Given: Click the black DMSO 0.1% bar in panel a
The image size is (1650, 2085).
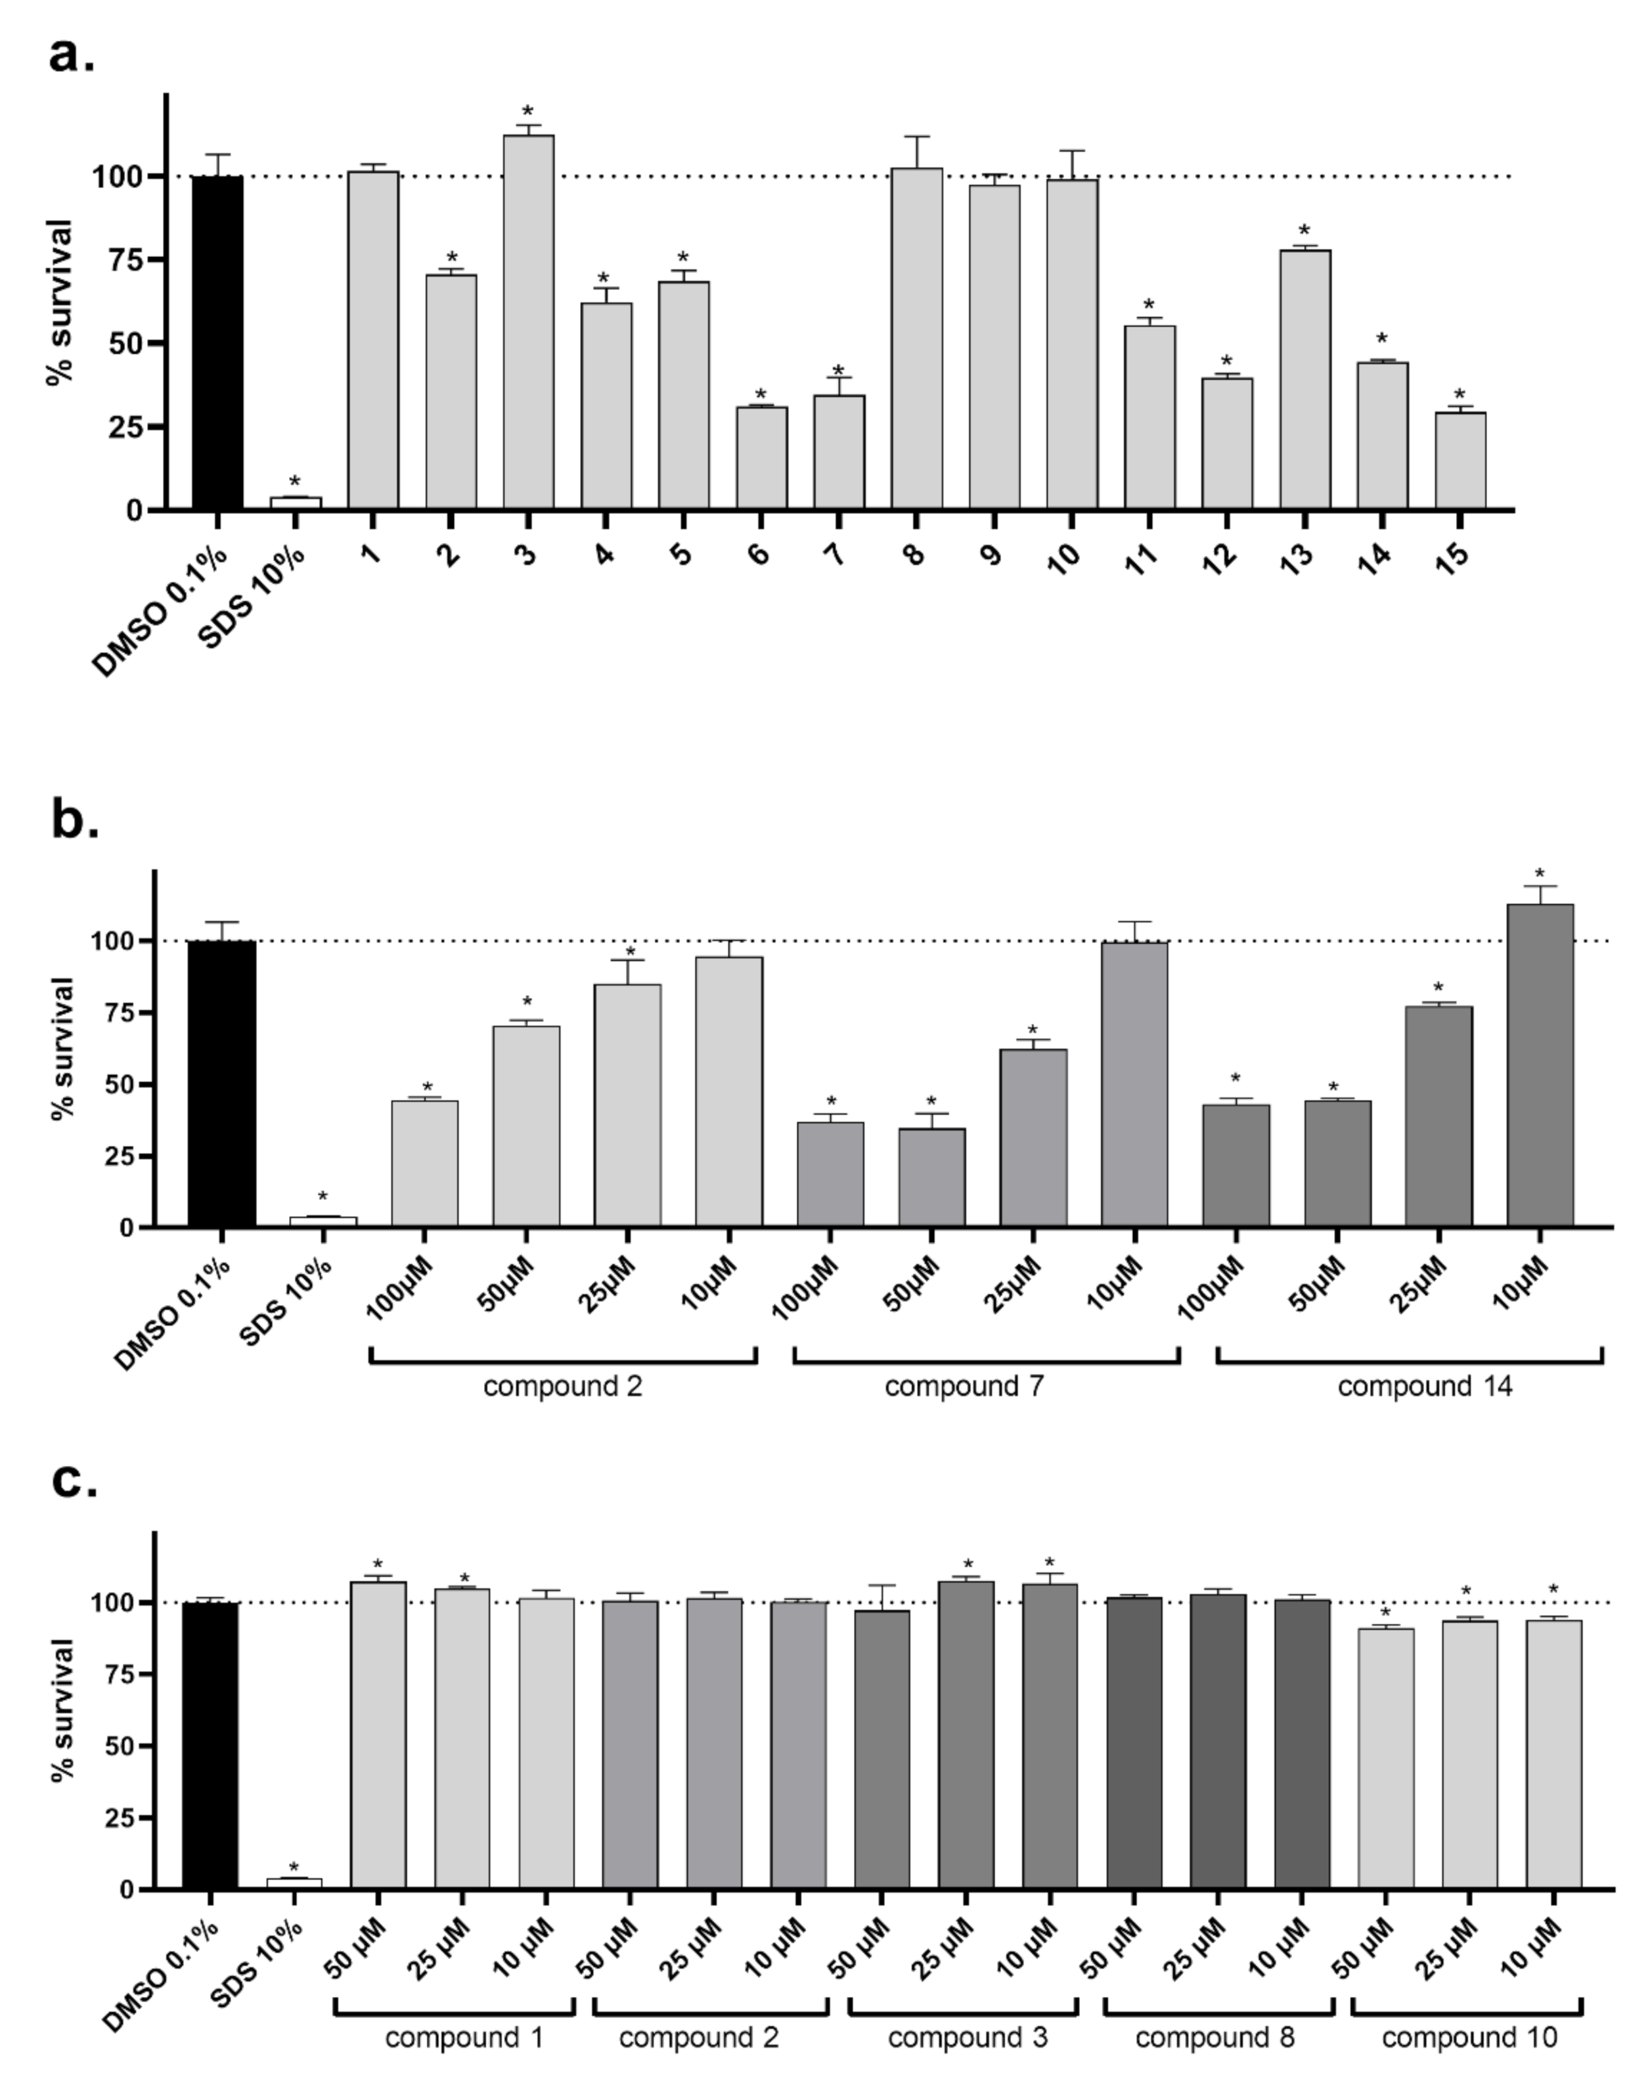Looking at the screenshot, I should click(217, 343).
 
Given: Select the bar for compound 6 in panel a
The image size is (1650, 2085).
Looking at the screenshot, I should click(761, 458).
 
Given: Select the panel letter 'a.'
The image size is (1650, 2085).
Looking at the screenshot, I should click(72, 56).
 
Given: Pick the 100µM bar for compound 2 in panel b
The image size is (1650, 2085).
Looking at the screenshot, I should click(425, 1164).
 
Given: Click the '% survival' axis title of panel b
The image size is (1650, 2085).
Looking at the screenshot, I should click(63, 1048).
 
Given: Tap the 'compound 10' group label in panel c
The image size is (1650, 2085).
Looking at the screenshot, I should click(1469, 2038).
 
